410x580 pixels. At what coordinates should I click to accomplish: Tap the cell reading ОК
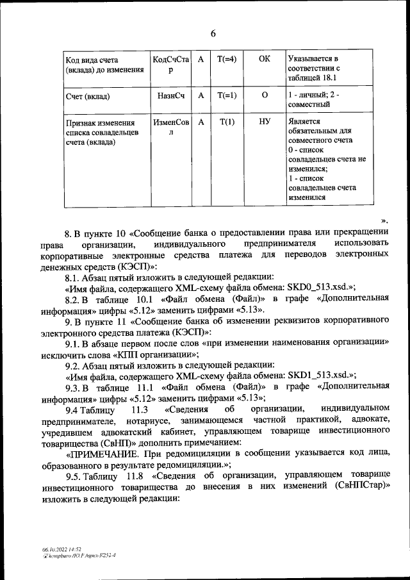265,59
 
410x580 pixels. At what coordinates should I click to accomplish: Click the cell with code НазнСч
170,96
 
